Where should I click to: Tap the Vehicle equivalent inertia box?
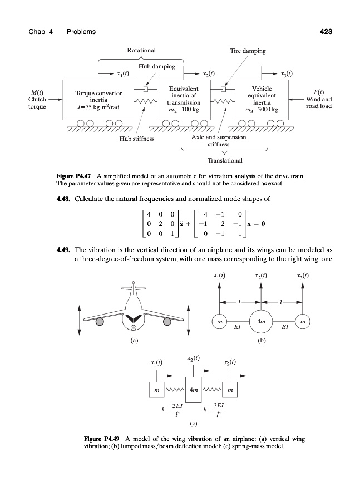pyautogui.click(x=262, y=99)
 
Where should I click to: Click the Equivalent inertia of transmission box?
pyautogui.click(x=183, y=99)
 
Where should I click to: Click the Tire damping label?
pyautogui.click(x=248, y=51)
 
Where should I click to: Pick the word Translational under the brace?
pyautogui.click(x=224, y=161)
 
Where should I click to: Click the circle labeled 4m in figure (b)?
pyautogui.click(x=261, y=322)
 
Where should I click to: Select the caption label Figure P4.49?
pyautogui.click(x=100, y=439)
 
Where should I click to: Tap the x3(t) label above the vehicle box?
pyautogui.click(x=287, y=72)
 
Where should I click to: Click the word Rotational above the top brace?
pyautogui.click(x=141, y=51)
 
